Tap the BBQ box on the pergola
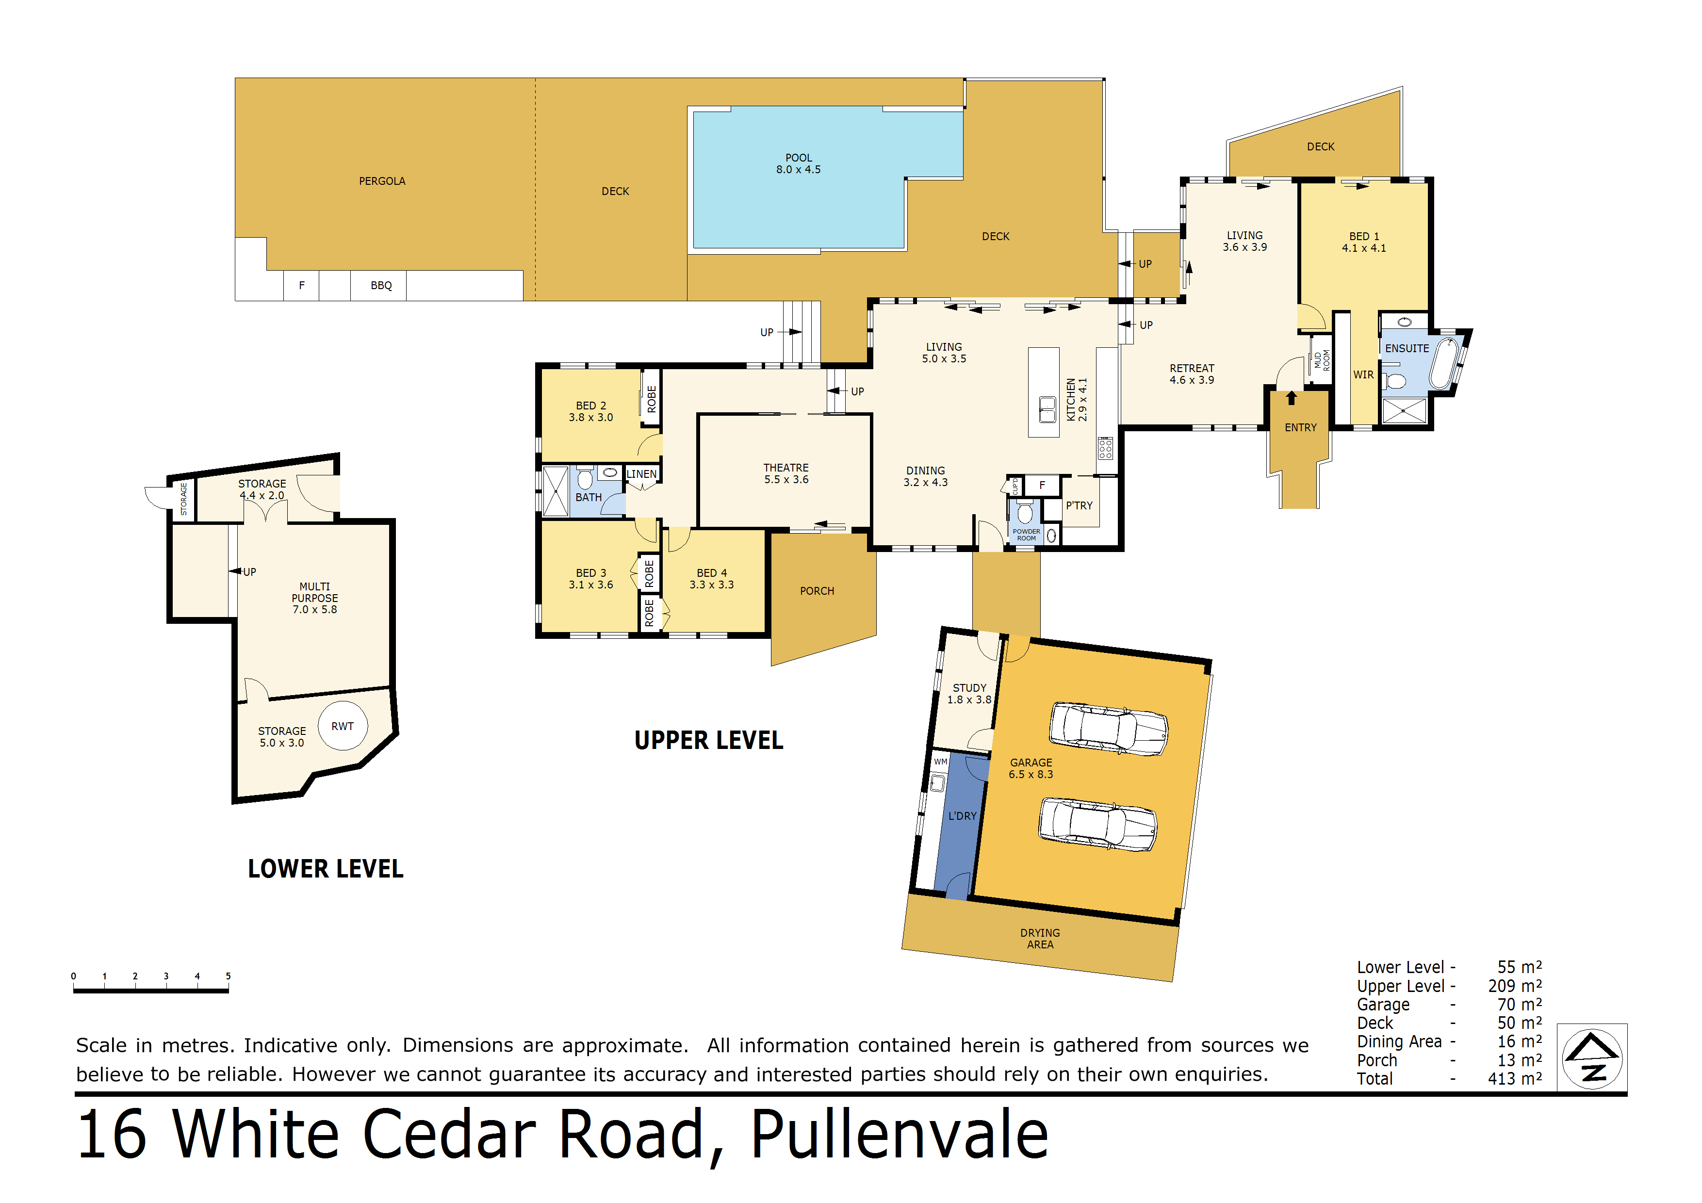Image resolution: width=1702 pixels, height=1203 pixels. [380, 285]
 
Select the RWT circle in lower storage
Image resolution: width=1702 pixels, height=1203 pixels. [343, 726]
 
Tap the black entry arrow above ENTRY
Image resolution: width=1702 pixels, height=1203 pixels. [1292, 398]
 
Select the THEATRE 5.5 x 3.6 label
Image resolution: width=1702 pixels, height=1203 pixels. [786, 473]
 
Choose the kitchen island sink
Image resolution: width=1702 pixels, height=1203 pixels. [1047, 409]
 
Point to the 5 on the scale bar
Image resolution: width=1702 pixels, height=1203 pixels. [229, 976]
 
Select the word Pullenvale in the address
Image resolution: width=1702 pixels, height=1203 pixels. [899, 1134]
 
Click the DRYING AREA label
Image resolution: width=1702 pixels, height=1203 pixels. [1040, 938]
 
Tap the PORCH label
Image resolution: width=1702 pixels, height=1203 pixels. [817, 591]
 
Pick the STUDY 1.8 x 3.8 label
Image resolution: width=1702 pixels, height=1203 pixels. [969, 694]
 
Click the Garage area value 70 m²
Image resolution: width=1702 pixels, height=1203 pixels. [1520, 1004]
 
